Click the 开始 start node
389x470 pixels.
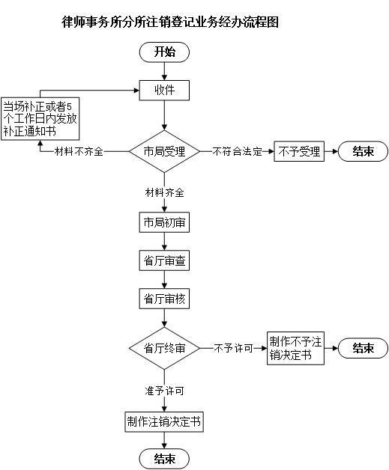point(164,52)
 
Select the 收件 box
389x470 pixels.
point(164,91)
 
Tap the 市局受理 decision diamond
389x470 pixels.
point(164,151)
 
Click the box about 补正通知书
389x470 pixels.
point(40,119)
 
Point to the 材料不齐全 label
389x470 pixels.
point(79,151)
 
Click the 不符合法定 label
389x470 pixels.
point(237,151)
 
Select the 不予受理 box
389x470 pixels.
point(299,151)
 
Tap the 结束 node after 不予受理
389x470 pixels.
point(364,151)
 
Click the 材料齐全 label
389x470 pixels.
point(164,192)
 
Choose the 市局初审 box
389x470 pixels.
point(164,222)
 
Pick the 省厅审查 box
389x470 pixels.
point(164,260)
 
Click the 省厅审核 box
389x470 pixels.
point(164,299)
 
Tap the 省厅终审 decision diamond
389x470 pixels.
point(164,348)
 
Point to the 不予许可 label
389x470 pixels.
point(233,348)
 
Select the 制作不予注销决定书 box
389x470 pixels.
point(295,348)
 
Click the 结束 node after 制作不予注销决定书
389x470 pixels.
point(364,348)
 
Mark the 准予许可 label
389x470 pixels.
point(164,391)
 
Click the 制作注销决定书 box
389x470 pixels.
point(164,422)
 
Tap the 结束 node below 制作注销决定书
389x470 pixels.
point(164,459)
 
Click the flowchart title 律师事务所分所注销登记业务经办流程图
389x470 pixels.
point(170,22)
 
